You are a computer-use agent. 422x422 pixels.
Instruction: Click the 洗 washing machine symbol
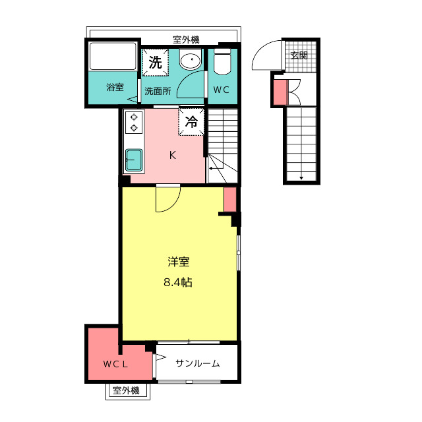click(x=156, y=63)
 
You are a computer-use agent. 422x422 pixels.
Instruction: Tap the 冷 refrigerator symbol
click(x=191, y=121)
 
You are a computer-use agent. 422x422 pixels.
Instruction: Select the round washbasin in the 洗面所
click(x=191, y=59)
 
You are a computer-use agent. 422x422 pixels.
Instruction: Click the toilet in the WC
click(x=222, y=61)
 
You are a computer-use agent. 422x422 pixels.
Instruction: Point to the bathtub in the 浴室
click(x=113, y=57)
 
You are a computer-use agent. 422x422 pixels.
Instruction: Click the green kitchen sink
click(x=134, y=160)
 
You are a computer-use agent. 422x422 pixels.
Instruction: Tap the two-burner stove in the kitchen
click(x=134, y=122)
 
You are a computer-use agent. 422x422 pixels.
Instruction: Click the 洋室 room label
click(x=179, y=262)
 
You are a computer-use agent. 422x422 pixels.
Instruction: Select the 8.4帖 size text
click(x=178, y=282)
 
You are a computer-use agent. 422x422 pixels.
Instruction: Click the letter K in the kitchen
click(x=173, y=156)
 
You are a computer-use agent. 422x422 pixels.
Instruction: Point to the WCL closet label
click(x=115, y=365)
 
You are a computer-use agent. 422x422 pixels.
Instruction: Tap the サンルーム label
click(x=198, y=363)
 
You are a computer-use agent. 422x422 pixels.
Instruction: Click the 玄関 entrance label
click(x=299, y=55)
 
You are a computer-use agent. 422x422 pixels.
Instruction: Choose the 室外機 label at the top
click(x=186, y=40)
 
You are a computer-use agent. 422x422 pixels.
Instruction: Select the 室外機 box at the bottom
click(x=127, y=391)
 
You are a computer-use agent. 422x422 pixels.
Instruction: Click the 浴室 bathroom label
click(x=115, y=87)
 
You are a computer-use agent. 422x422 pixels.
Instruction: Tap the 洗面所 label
click(x=158, y=91)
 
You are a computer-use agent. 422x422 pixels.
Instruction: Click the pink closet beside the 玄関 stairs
click(x=281, y=92)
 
